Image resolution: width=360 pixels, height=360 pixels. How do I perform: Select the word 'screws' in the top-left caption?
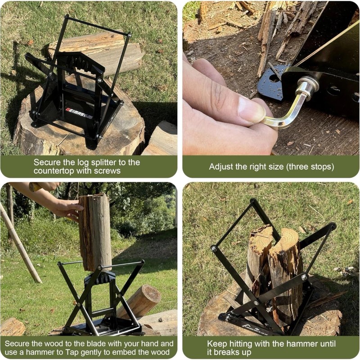coord(108,171)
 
